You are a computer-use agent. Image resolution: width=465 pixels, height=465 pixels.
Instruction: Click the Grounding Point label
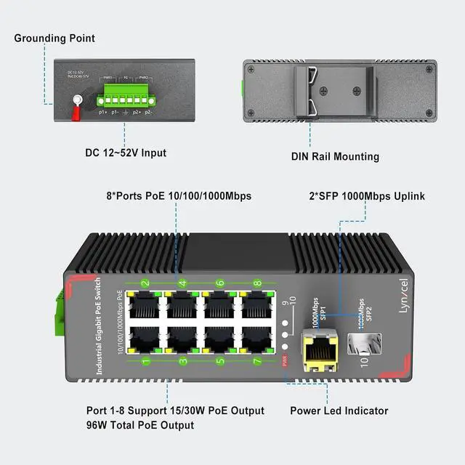click(x=54, y=38)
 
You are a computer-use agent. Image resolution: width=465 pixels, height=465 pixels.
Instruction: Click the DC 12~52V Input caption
click(x=126, y=153)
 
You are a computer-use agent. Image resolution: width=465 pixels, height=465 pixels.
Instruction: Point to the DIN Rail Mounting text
click(x=335, y=156)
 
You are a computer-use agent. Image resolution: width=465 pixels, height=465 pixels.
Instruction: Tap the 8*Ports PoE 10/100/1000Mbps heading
click(x=174, y=196)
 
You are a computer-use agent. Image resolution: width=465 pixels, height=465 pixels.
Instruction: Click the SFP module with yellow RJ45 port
click(x=320, y=350)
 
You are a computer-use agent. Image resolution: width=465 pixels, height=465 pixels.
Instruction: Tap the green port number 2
click(x=145, y=283)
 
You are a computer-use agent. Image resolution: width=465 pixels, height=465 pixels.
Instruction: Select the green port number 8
click(x=256, y=283)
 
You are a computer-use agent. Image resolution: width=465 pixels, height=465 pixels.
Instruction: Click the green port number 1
click(x=145, y=360)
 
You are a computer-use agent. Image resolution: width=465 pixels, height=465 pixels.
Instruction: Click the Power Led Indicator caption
click(x=339, y=411)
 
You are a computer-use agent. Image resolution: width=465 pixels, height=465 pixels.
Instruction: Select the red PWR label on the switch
click(x=285, y=359)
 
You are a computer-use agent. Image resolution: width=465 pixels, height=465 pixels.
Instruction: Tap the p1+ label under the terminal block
click(x=102, y=113)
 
